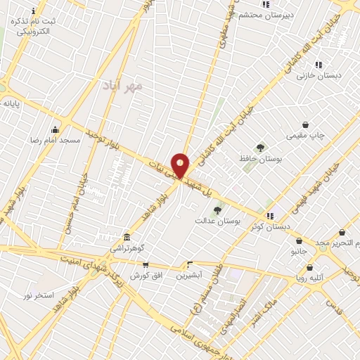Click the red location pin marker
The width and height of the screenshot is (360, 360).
pos(180,166)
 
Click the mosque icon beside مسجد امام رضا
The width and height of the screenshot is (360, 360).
pos(56,129)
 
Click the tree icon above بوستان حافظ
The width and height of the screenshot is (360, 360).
pos(261,148)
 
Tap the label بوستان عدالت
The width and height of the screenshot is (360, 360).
pos(218,221)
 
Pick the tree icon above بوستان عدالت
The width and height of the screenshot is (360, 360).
pos(217,210)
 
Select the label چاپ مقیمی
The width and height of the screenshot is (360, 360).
pos(306,136)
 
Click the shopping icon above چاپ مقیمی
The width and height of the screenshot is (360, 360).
pos(305,124)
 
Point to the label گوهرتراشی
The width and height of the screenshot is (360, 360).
pos(127,248)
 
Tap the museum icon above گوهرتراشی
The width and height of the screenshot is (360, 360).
pos(127,237)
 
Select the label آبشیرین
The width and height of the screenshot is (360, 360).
pos(190,276)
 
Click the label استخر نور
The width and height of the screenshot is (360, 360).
pos(39,295)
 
